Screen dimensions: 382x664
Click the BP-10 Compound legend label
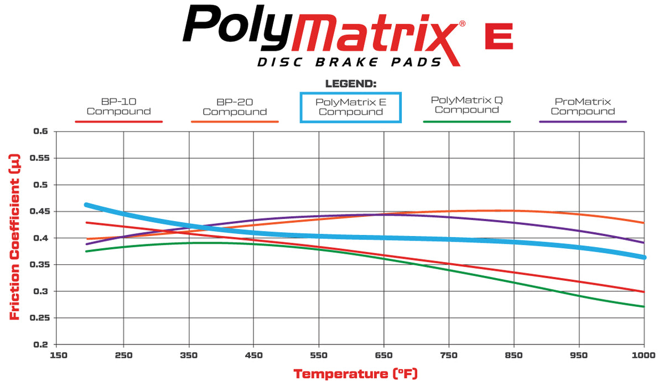(118, 107)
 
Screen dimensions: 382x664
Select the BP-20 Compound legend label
(235, 107)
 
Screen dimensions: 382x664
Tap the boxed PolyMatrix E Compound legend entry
(350, 107)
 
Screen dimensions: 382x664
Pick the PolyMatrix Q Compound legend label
(466, 104)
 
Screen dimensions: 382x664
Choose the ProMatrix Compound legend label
(583, 106)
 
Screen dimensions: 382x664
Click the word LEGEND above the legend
(351, 84)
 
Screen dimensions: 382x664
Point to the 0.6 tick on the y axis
(41, 132)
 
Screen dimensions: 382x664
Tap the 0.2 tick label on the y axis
(41, 344)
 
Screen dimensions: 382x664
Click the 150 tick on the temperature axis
(59, 355)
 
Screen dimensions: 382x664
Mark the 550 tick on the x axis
(319, 355)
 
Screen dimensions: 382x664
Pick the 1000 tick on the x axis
(644, 355)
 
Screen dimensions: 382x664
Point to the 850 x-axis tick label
(514, 355)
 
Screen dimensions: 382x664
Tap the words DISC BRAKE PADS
(350, 62)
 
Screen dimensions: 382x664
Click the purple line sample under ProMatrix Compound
(583, 121)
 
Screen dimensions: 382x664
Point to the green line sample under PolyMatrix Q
(466, 121)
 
